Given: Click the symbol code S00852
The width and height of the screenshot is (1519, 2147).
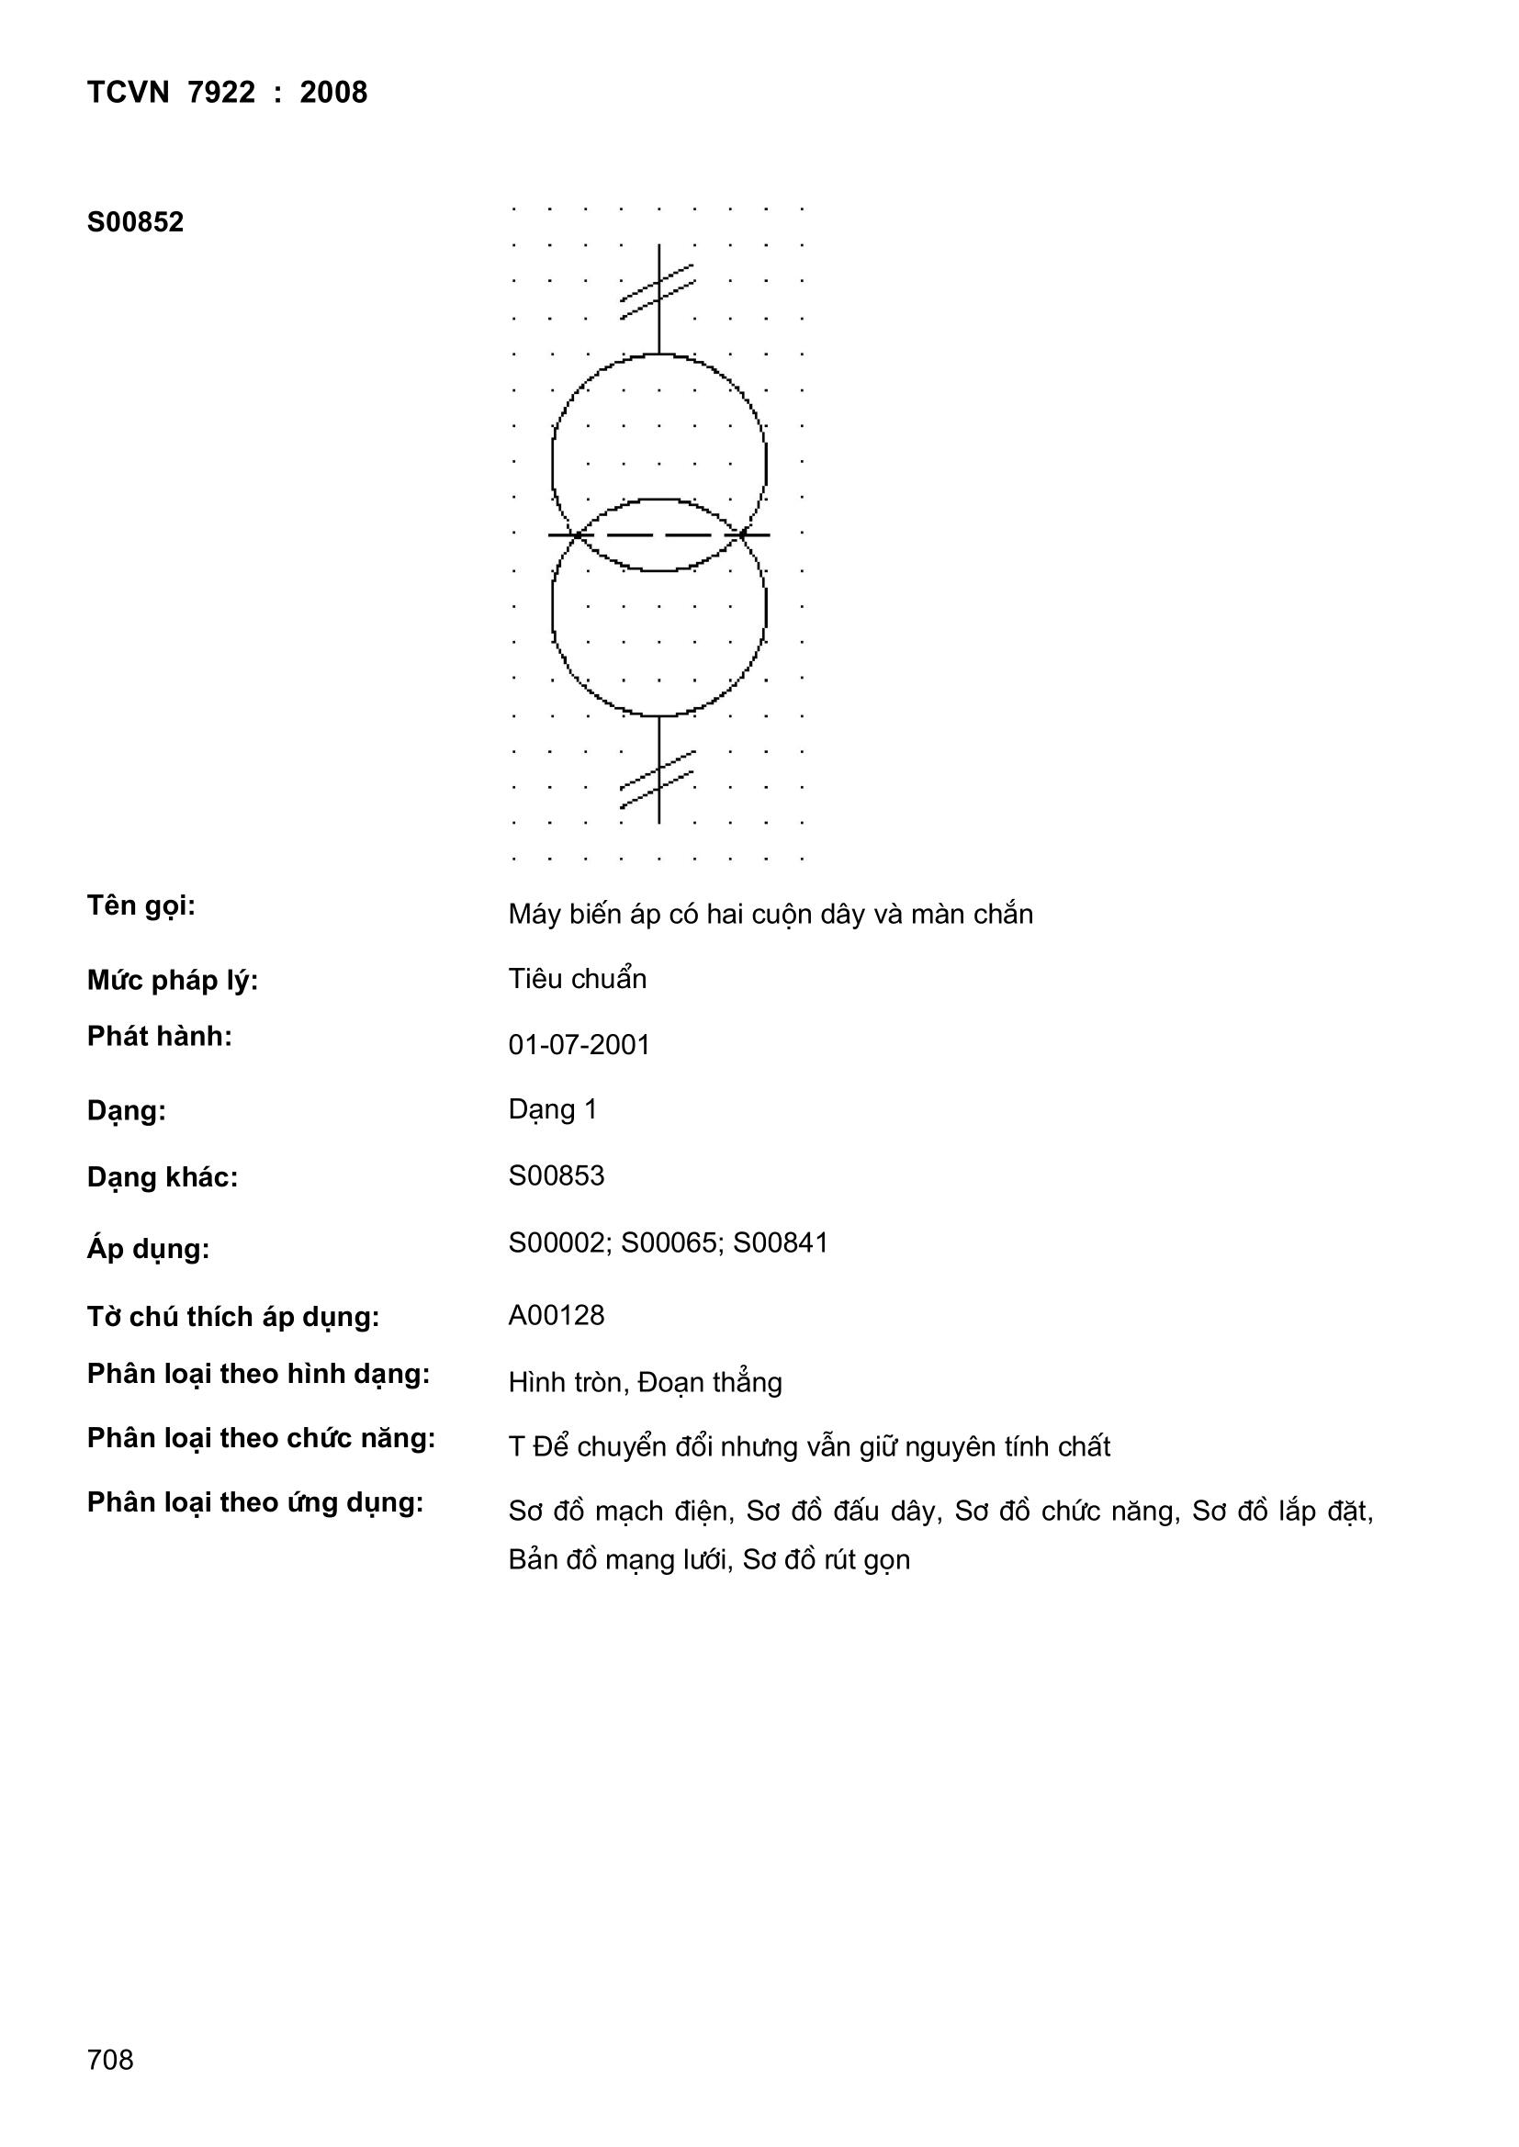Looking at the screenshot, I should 135,222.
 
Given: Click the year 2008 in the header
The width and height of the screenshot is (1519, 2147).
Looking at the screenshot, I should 333,93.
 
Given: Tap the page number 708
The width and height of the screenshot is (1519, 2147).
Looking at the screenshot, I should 109,2059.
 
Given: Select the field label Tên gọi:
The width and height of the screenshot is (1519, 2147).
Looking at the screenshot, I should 141,905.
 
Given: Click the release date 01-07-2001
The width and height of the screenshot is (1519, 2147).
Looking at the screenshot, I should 578,1044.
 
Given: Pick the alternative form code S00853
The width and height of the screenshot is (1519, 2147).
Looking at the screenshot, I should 556,1175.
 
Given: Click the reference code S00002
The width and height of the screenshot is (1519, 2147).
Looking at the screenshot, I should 558,1242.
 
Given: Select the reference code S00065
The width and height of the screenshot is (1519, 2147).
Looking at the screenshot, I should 670,1242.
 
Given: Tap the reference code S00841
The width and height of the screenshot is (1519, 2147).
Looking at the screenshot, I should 781,1242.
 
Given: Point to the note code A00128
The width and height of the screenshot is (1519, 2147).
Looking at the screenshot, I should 556,1316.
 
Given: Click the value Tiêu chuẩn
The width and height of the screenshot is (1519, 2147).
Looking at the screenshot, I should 577,979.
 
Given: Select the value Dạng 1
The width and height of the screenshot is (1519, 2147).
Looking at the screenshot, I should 552,1110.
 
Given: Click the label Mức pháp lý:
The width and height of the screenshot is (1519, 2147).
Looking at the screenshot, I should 172,980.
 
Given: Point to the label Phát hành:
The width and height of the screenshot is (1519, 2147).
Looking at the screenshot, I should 159,1036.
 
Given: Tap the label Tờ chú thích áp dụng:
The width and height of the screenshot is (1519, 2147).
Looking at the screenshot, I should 233,1317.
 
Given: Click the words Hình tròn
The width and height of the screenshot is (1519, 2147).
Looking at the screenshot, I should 566,1382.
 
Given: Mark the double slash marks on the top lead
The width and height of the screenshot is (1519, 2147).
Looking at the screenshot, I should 658,292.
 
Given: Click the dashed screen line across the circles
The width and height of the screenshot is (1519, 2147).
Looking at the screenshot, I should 658,534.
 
